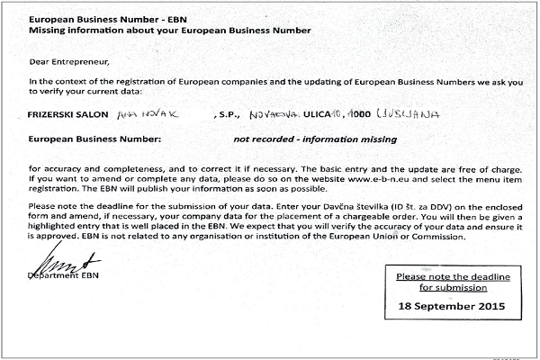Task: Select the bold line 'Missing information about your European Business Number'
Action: coord(170,30)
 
